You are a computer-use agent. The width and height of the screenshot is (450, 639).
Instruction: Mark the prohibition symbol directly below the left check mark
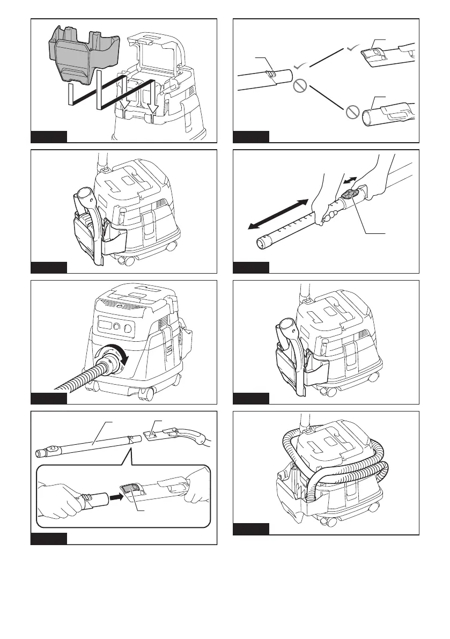(300, 86)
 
